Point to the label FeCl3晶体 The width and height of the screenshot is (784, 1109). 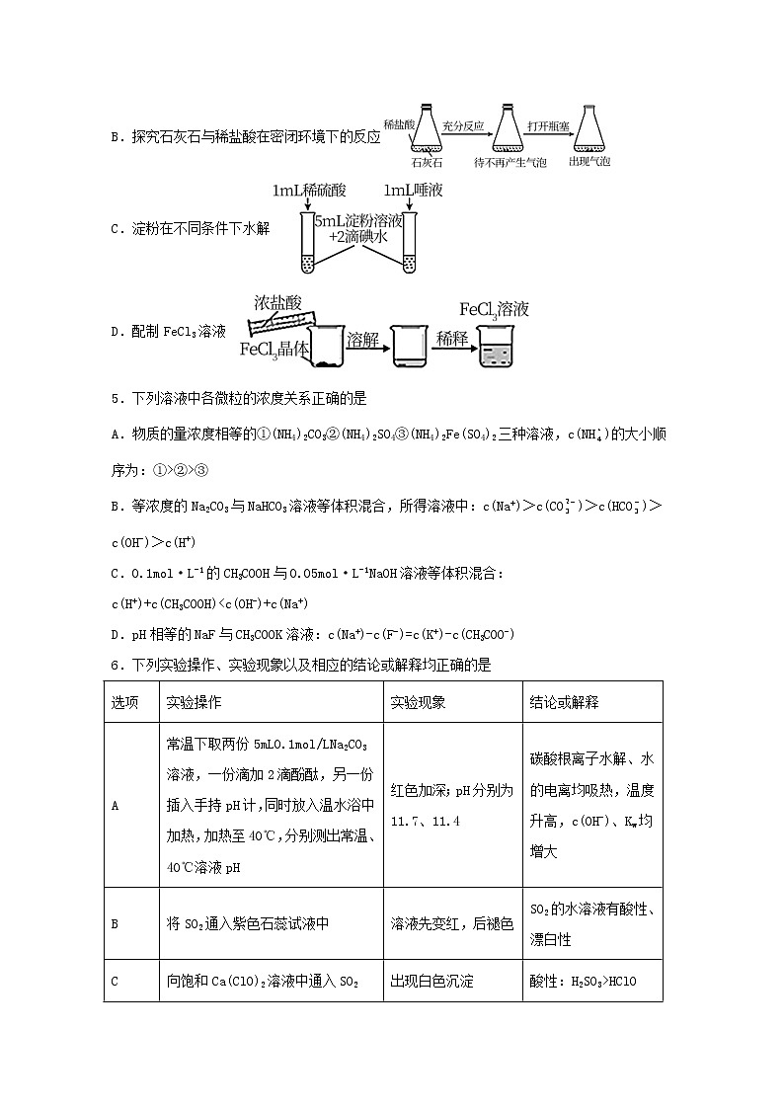[x=274, y=349]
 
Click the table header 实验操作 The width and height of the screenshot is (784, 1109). [x=194, y=702]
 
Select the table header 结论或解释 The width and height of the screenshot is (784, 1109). [x=564, y=702]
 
